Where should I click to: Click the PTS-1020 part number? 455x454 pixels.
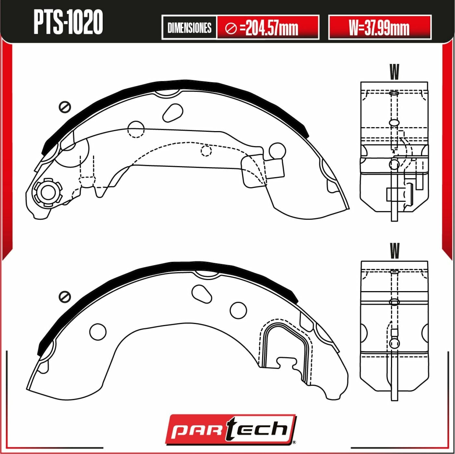click(x=68, y=22)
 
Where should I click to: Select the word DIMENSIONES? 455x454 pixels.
click(x=189, y=28)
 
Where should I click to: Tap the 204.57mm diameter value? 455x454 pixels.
click(x=271, y=28)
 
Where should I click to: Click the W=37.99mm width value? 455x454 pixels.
click(x=379, y=28)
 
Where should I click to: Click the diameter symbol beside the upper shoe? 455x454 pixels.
click(x=65, y=107)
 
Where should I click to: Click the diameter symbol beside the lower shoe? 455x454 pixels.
click(x=65, y=297)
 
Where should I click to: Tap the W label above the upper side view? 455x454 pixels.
click(x=394, y=72)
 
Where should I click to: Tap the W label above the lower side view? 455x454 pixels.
click(x=394, y=251)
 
